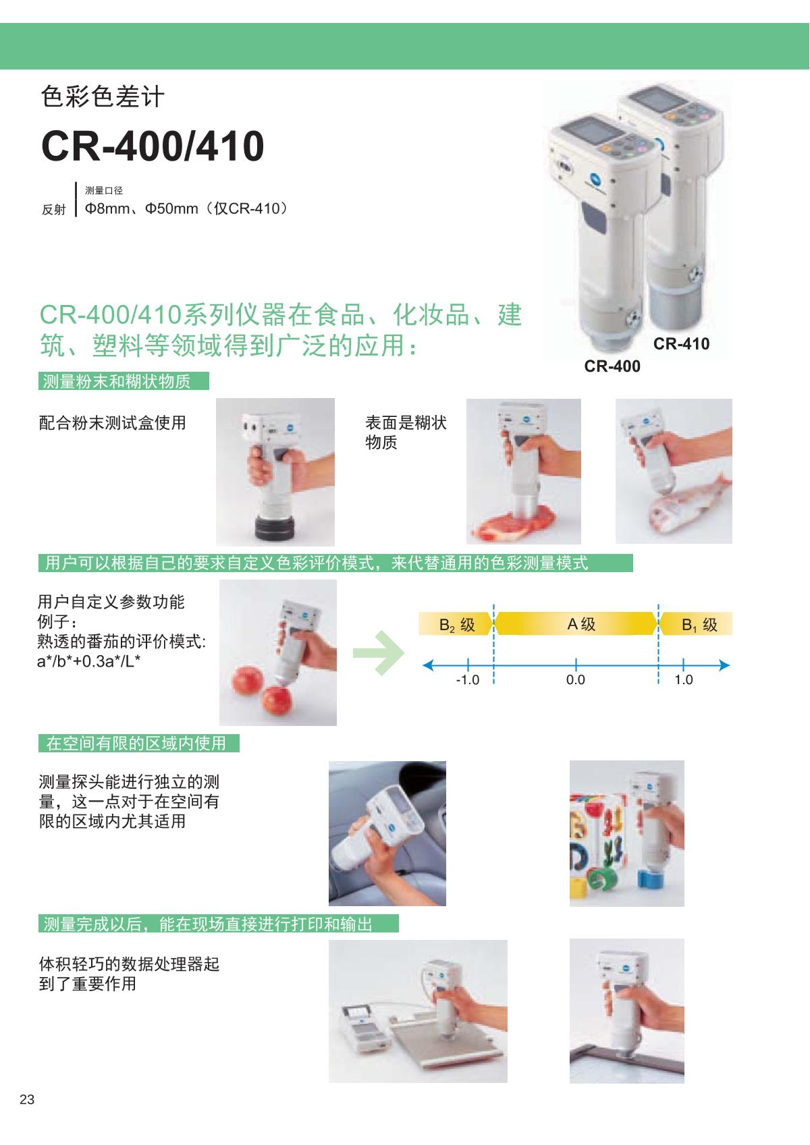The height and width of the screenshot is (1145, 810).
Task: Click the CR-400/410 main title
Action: (153, 146)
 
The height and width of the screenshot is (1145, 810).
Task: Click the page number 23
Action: (27, 1099)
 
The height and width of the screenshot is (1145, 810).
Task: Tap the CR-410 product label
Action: (681, 344)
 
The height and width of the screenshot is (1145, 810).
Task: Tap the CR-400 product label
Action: (612, 366)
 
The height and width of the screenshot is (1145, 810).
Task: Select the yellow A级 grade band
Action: (576, 623)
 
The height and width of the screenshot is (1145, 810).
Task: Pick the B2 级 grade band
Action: (455, 623)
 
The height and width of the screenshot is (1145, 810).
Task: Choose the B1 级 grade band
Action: (697, 623)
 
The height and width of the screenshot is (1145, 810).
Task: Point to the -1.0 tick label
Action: (467, 680)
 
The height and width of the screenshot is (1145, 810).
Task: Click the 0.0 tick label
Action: (575, 680)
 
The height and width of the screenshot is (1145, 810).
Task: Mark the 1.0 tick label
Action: (684, 680)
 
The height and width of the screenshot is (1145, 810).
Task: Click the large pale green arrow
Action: (379, 652)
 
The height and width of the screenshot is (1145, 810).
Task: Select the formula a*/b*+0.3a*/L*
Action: (88, 661)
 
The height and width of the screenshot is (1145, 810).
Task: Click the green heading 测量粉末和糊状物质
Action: (124, 381)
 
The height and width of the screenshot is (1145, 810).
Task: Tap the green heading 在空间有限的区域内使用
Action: (138, 744)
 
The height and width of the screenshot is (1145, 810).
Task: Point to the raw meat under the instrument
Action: (518, 524)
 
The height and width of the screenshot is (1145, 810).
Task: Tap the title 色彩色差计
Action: (103, 96)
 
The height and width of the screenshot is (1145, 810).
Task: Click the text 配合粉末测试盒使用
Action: (113, 423)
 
